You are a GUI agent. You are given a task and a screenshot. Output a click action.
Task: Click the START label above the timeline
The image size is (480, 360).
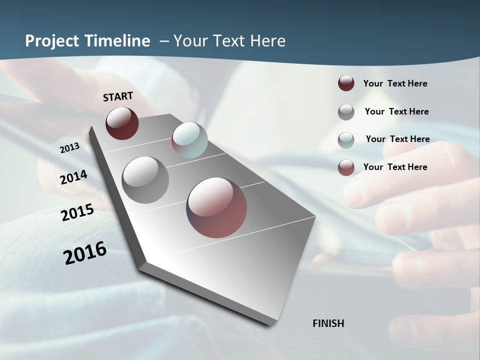click(118, 96)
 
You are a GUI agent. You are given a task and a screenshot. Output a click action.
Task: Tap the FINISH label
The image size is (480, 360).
click(328, 323)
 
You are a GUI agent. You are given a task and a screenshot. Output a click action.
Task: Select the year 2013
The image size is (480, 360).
click(70, 147)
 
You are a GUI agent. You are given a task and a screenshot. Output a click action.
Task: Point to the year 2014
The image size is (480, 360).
click(74, 177)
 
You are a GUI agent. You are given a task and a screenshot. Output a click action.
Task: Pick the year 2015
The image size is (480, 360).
click(77, 212)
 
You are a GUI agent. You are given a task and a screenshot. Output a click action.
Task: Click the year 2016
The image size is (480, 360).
click(85, 253)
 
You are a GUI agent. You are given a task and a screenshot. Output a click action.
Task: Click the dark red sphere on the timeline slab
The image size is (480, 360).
click(122, 123)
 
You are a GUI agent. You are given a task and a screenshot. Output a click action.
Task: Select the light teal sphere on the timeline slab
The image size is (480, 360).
click(189, 140)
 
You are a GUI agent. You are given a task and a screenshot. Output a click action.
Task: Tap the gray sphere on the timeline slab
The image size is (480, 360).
click(145, 180)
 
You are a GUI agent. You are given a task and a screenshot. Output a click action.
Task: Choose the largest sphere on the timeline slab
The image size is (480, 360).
click(216, 207)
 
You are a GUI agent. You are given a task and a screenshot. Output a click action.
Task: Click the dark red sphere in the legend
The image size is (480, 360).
click(346, 83)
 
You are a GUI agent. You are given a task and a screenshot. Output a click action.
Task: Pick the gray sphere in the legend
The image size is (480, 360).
click(346, 112)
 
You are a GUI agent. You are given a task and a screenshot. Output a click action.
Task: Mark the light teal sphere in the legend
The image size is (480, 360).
click(346, 140)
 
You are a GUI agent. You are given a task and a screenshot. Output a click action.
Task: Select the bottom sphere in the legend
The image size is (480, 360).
click(346, 167)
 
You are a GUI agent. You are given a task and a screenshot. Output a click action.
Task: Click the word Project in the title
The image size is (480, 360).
click(52, 41)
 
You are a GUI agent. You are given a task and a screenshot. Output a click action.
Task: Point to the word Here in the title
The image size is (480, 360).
click(267, 41)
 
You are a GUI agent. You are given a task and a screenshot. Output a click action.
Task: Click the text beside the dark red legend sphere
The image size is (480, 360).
click(395, 83)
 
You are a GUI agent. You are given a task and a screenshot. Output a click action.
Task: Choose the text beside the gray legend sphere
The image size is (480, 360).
click(396, 111)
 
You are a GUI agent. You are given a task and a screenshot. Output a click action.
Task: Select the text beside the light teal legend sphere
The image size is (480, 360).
click(397, 139)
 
